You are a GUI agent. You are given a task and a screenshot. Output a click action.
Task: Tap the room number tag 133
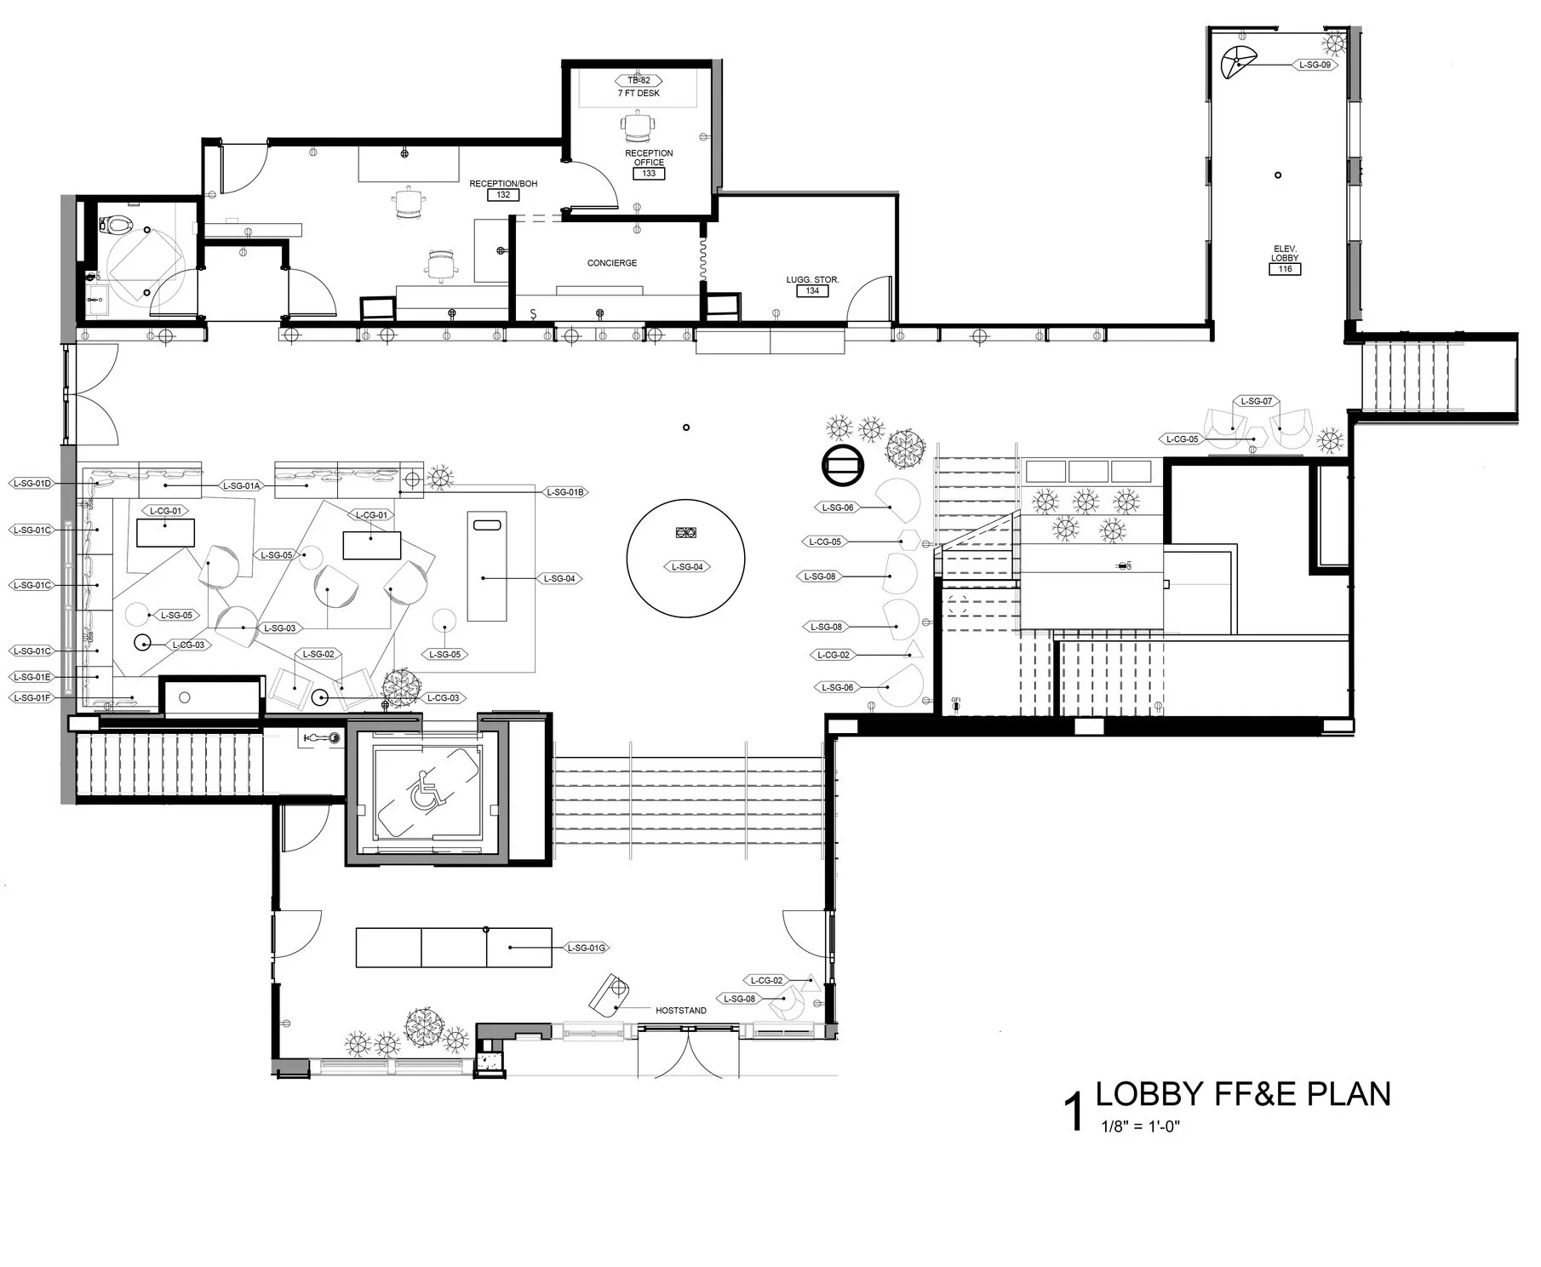pos(649,174)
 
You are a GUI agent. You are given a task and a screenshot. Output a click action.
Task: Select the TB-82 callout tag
pos(639,81)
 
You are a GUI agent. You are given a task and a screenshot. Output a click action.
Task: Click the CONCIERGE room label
pos(611,263)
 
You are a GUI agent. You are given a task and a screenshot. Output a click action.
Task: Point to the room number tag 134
pos(812,291)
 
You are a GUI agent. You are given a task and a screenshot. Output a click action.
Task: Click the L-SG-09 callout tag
pos(1315,65)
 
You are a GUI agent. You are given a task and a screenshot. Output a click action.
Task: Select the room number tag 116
pos(1285,269)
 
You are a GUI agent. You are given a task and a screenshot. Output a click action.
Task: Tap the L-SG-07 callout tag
pos(1256,401)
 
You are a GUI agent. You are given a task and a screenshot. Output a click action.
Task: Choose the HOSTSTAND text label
pos(680,1011)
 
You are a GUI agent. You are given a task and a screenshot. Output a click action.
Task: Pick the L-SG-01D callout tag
pos(32,484)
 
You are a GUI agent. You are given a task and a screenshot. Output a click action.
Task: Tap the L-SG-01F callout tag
pos(32,698)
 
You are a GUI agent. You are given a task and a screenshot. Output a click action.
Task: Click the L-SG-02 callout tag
pos(317,654)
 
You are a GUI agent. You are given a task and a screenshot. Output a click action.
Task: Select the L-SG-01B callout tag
pos(565,492)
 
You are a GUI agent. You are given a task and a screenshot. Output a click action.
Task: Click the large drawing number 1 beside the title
pos(1074,1113)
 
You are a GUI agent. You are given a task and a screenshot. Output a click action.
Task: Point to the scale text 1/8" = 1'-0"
pos(1141,1127)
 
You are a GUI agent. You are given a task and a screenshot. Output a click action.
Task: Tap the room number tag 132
pos(503,195)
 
